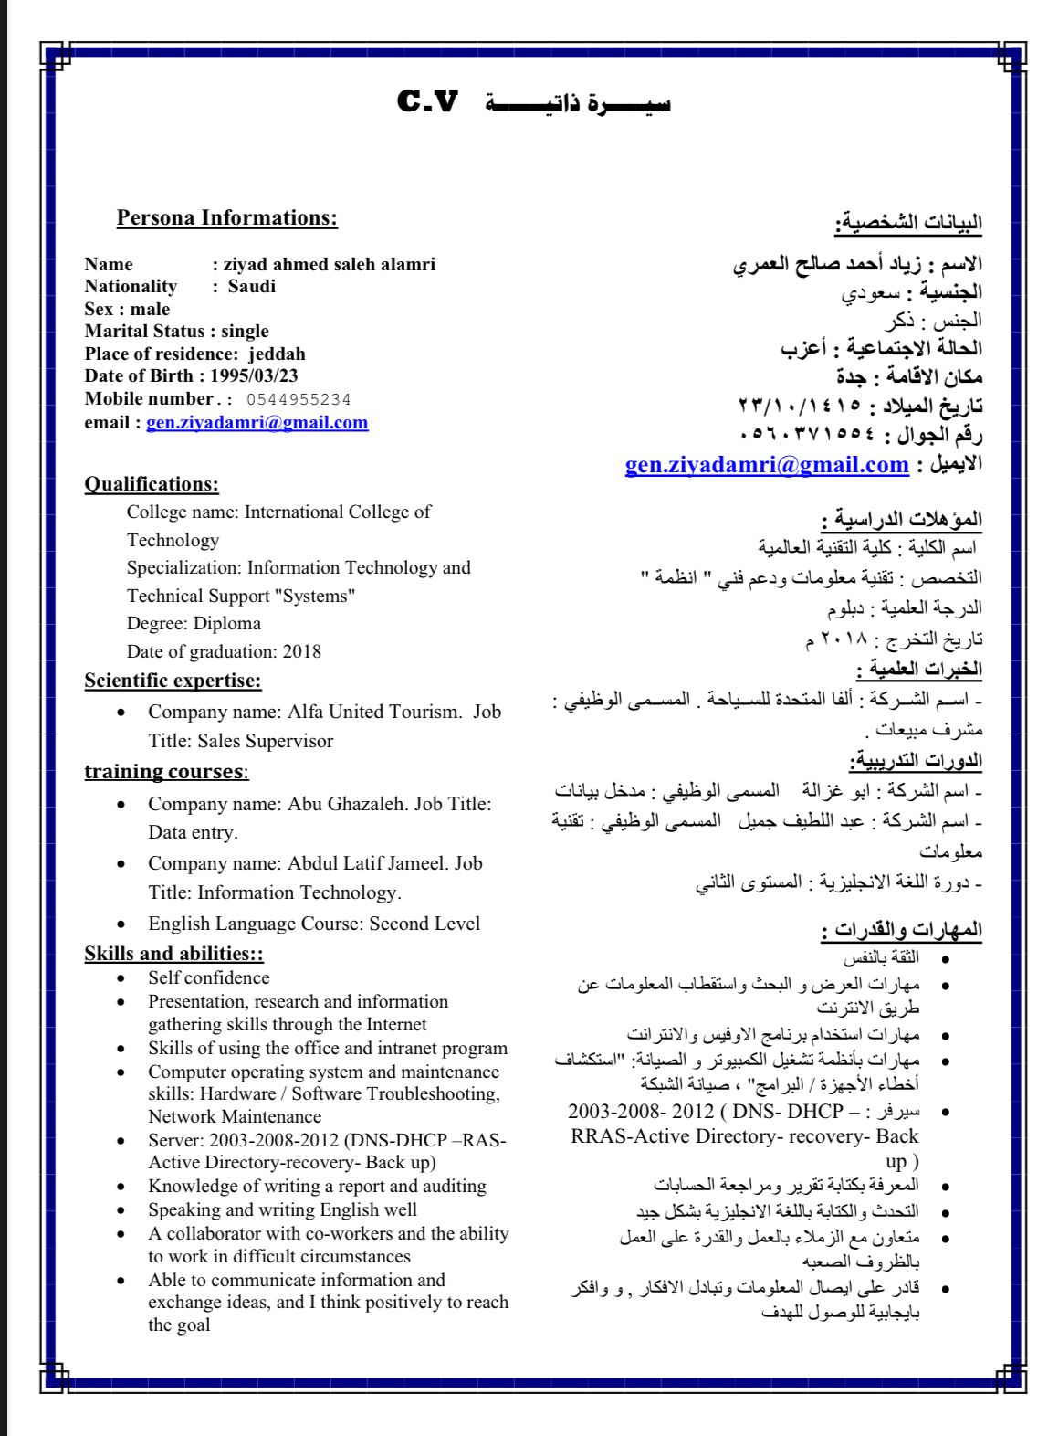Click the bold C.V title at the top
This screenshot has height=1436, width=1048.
tap(427, 101)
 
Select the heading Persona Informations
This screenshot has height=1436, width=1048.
tap(226, 218)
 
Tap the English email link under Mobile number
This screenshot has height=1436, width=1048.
tap(257, 423)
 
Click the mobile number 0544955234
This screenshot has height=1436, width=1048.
tap(299, 400)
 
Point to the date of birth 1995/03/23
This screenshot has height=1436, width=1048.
tap(254, 375)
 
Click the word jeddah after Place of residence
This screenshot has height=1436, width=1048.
tap(277, 354)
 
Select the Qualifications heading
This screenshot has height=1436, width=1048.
tap(152, 484)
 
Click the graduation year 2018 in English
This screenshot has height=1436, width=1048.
tap(302, 651)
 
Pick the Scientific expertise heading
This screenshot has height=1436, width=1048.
tap(173, 681)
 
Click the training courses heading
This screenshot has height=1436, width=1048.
tap(165, 772)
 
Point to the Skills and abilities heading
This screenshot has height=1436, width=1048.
tap(173, 954)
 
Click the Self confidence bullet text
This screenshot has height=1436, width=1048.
tap(208, 977)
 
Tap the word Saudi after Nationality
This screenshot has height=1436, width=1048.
tap(252, 286)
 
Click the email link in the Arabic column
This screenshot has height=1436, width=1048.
tap(767, 465)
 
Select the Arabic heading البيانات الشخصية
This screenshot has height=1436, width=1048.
tap(907, 222)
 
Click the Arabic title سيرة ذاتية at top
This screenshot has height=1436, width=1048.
tap(578, 103)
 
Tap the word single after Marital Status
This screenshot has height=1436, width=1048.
tap(245, 331)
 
